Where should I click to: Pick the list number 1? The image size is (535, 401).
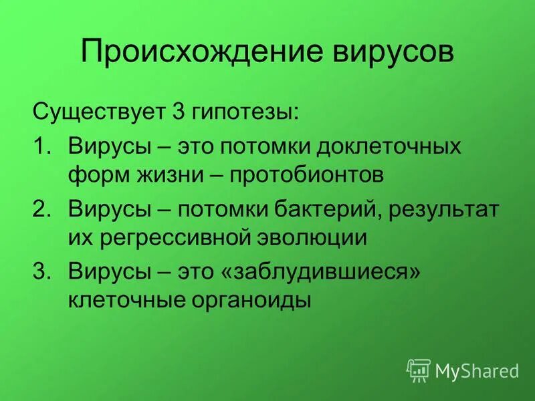[x=40, y=146]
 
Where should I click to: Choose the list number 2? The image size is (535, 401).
[x=40, y=209]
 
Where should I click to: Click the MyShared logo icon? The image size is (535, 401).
[x=419, y=370]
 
